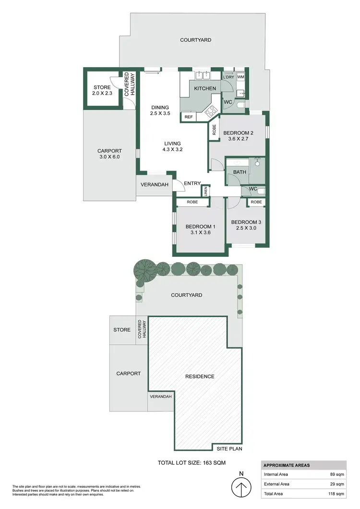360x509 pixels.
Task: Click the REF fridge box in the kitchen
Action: pyautogui.click(x=188, y=117)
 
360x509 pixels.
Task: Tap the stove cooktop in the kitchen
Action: pyautogui.click(x=210, y=112)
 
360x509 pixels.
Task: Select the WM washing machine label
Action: pyautogui.click(x=240, y=77)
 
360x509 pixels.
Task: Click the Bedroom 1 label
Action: pyautogui.click(x=201, y=227)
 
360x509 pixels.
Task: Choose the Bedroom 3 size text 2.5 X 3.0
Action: pyautogui.click(x=246, y=228)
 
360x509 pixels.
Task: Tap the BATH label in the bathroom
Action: pyautogui.click(x=240, y=172)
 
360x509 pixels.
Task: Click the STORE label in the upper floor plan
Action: pyautogui.click(x=102, y=87)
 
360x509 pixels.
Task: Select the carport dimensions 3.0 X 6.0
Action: pyautogui.click(x=109, y=157)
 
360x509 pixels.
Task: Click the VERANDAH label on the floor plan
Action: pyautogui.click(x=154, y=185)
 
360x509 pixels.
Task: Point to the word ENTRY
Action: pyautogui.click(x=192, y=183)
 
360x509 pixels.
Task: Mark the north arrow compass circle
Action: pyautogui.click(x=241, y=489)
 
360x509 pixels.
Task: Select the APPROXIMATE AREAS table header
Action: pyautogui.click(x=287, y=465)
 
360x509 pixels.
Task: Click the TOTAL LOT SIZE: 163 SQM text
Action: pyautogui.click(x=192, y=463)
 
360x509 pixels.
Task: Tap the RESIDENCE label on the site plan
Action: pyautogui.click(x=200, y=376)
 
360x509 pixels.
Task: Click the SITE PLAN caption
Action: pyautogui.click(x=229, y=448)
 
